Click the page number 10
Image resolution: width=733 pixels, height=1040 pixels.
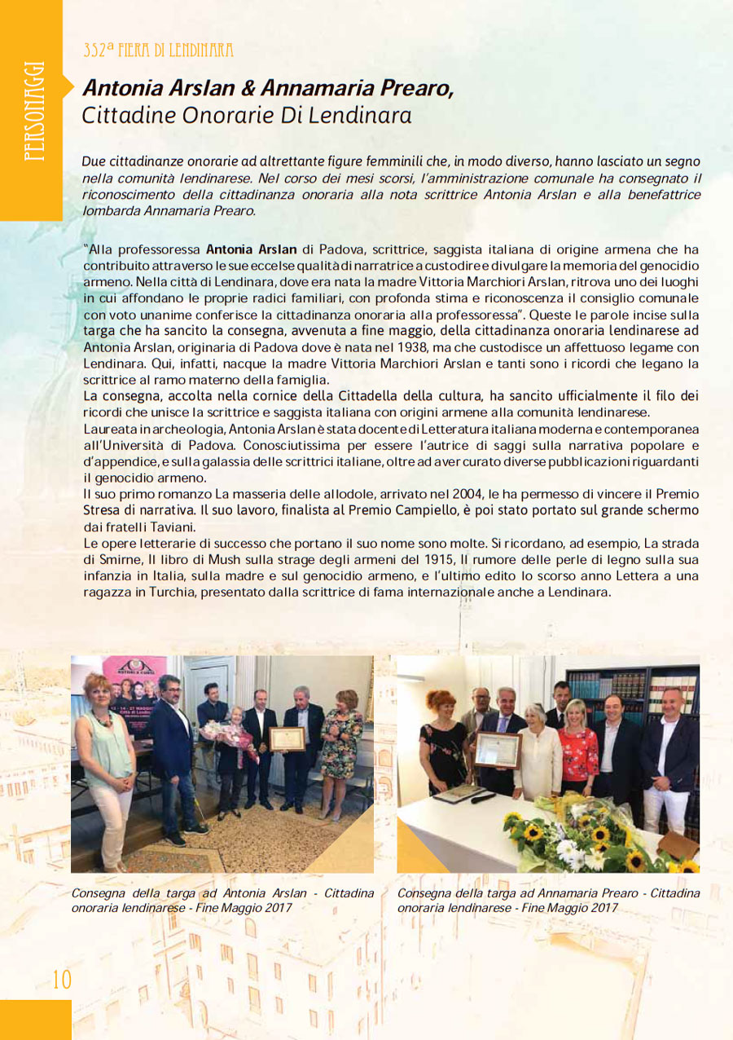click(x=62, y=979)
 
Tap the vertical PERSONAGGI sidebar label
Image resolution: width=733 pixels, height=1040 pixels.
click(x=33, y=111)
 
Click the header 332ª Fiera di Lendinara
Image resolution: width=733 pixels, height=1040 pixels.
click(x=158, y=51)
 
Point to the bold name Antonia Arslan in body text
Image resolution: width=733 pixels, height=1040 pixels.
click(x=251, y=249)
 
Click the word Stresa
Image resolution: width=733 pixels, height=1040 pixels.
click(x=104, y=511)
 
